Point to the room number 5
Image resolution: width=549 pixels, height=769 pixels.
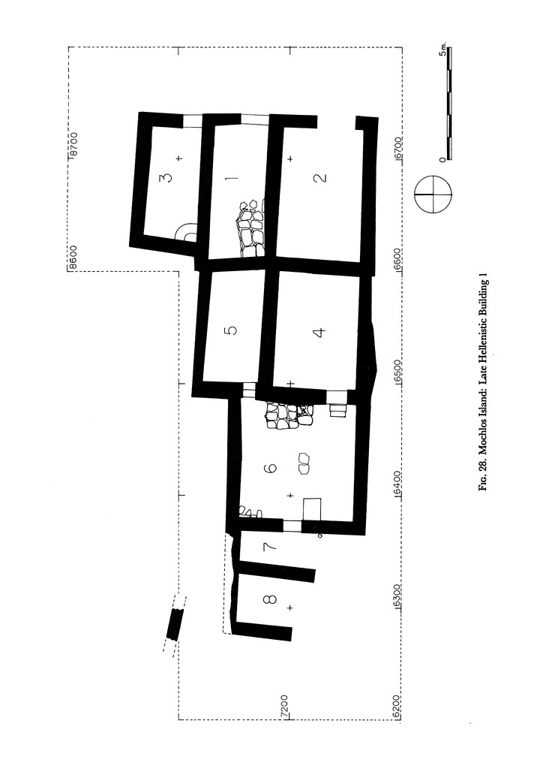click(232, 330)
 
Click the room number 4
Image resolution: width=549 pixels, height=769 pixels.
click(319, 333)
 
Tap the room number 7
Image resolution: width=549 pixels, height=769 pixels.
click(270, 545)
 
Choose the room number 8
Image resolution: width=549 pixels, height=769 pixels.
click(270, 599)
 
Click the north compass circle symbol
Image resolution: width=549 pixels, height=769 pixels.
click(433, 194)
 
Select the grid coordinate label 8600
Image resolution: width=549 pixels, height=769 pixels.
click(73, 257)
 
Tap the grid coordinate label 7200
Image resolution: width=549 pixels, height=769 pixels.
click(284, 707)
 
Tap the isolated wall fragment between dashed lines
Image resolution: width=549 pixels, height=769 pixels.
click(174, 624)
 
